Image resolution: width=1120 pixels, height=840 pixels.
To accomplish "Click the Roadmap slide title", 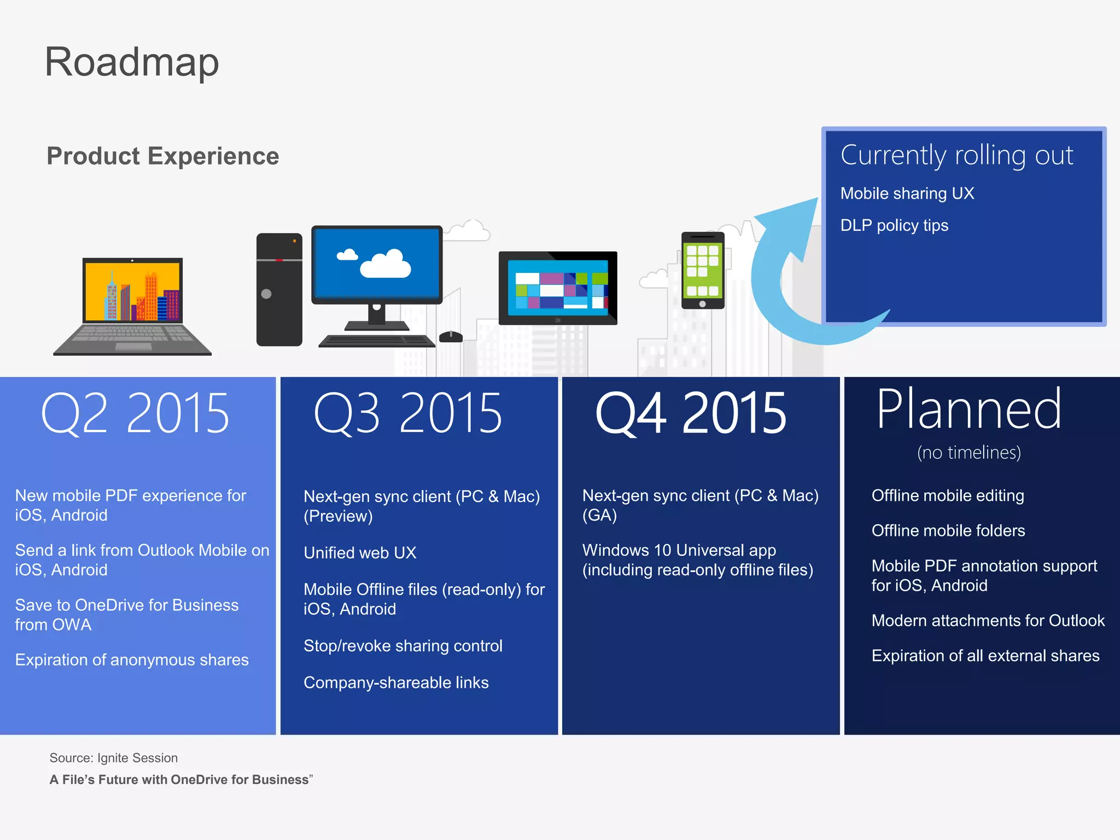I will coord(131,62).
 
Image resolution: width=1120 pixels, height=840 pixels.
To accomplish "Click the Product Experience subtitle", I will coord(162,156).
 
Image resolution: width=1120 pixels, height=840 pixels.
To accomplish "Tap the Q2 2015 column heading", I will coord(135,413).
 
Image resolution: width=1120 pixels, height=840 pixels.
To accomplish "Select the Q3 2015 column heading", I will coord(407,413).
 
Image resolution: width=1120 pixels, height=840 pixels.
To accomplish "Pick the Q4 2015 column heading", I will coord(690,413).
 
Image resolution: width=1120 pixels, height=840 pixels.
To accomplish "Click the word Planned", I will coord(969,409).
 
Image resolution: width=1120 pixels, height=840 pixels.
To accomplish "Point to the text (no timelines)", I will coord(969,453).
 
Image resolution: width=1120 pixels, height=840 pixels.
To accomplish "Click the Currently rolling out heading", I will coord(956,155).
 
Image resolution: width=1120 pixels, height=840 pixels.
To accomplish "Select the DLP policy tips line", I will coord(894,225).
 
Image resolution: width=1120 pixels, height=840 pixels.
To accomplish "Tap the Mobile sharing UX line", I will coord(907,194).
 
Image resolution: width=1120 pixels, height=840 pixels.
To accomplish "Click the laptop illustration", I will coord(132,306).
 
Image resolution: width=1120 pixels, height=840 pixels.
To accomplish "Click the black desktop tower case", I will coord(279,290).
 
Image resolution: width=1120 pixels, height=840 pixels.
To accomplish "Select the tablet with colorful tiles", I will coord(558,288).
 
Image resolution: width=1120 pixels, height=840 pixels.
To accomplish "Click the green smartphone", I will coord(703,270).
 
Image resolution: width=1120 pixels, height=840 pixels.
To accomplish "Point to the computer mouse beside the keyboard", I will coord(451,336).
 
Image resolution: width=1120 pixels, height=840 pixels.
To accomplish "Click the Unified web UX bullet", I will coord(360,553).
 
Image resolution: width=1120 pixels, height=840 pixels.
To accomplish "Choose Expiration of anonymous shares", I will coord(132,660).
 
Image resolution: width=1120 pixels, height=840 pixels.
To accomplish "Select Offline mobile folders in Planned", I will coord(948,530).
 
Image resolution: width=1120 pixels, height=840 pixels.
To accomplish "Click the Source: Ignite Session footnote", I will coord(114,758).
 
